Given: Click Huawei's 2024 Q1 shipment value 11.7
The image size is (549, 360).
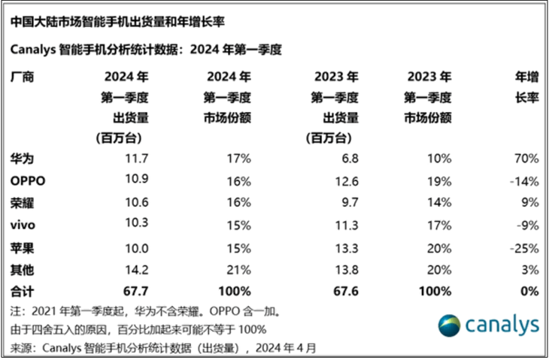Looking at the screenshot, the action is coord(137,159).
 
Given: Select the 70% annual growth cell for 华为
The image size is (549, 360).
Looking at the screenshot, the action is coord(526,159).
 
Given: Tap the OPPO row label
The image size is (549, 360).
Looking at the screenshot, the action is coord(28,181).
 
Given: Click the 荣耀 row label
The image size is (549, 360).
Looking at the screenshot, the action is coord(22,203).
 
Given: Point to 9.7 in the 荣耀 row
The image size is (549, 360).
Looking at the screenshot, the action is coord(350,202).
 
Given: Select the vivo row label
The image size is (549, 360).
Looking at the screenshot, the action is coord(23,225).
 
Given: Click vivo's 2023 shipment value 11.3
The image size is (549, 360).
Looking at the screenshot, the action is coord(347,225).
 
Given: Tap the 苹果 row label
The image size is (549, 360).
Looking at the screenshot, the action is coord(22,249).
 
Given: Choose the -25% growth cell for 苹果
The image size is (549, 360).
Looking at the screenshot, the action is coord(524,249).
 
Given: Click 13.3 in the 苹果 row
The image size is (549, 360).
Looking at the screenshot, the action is coord(347,249).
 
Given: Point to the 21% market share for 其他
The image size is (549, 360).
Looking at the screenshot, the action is coord(239,270).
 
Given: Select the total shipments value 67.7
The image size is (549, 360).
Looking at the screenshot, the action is coord(136,291).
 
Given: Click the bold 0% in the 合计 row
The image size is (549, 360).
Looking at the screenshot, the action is coord(529,291).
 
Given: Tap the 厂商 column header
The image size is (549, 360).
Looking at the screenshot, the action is coord(22,77).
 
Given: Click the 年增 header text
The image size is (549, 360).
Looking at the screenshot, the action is coord(527,77).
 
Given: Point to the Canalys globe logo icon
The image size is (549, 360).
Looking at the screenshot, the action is coord(449,325).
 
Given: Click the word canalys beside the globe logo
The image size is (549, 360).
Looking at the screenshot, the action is coord(502,325).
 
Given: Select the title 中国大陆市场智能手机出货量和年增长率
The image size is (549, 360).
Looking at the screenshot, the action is coord(117,22).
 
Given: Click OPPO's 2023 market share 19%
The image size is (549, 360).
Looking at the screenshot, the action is coord(439,182).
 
